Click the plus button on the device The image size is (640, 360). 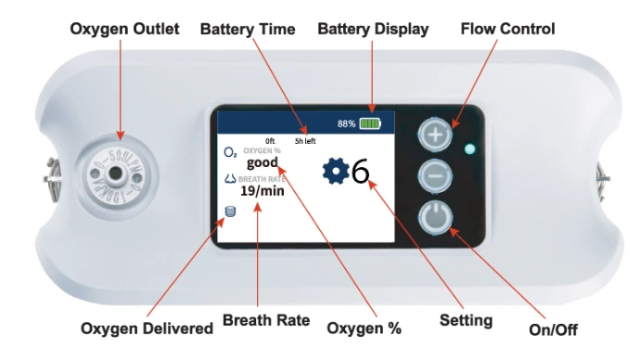tap(435, 135)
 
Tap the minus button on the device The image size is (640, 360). tap(435, 176)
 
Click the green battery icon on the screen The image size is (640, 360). tap(370, 123)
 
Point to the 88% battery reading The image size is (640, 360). tap(346, 123)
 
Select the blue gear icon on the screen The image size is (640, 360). tap(336, 172)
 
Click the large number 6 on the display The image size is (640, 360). tap(360, 172)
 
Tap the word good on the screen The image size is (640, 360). tap(262, 163)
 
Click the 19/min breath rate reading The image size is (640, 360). tap(262, 190)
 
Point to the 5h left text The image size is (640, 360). tap(305, 141)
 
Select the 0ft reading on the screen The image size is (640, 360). tap(270, 141)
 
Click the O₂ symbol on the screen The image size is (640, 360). tap(230, 153)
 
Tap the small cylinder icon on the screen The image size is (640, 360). tap(231, 212)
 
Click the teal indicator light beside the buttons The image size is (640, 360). tap(469, 149)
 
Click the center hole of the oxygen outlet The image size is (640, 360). tap(116, 174)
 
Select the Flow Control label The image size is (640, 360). tap(507, 29)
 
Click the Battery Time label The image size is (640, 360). tap(248, 30)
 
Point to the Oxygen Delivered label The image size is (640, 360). tap(147, 328)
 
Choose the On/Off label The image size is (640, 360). tap(553, 329)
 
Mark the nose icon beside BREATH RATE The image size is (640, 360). tap(231, 178)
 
